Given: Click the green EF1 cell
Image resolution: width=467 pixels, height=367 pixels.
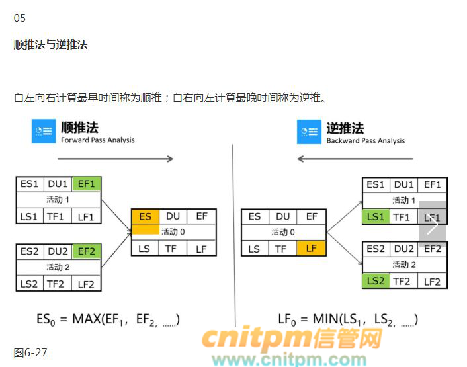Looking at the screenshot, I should click(x=87, y=184).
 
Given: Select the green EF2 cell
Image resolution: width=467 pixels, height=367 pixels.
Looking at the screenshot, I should click(x=87, y=251).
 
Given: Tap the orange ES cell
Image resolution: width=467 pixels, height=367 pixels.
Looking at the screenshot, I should click(x=146, y=216).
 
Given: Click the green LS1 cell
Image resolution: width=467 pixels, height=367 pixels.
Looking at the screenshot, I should click(x=376, y=216).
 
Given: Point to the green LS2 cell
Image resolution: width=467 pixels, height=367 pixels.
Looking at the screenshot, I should click(x=376, y=280).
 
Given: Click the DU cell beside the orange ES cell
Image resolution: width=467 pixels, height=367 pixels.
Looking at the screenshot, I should click(x=173, y=216).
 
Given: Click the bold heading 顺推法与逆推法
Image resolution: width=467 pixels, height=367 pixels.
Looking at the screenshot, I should click(x=50, y=44).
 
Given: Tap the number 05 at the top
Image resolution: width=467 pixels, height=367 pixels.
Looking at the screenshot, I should click(x=19, y=18).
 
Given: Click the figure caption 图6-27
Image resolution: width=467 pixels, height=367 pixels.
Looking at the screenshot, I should click(x=30, y=352).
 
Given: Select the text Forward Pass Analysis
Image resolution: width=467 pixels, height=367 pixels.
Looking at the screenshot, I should click(x=97, y=140).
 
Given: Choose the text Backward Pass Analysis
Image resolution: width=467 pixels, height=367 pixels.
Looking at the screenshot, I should click(x=365, y=140).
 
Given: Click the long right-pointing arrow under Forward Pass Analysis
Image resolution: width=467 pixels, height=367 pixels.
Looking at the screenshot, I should click(x=116, y=159).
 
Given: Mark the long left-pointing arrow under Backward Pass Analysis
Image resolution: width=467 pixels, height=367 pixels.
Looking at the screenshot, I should click(x=355, y=159).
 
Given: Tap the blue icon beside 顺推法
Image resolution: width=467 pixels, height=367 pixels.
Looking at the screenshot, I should click(x=44, y=131).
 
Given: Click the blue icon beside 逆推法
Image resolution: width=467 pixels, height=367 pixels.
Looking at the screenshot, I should click(x=308, y=131).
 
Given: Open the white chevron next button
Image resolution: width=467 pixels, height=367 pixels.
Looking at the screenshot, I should click(x=433, y=224).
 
